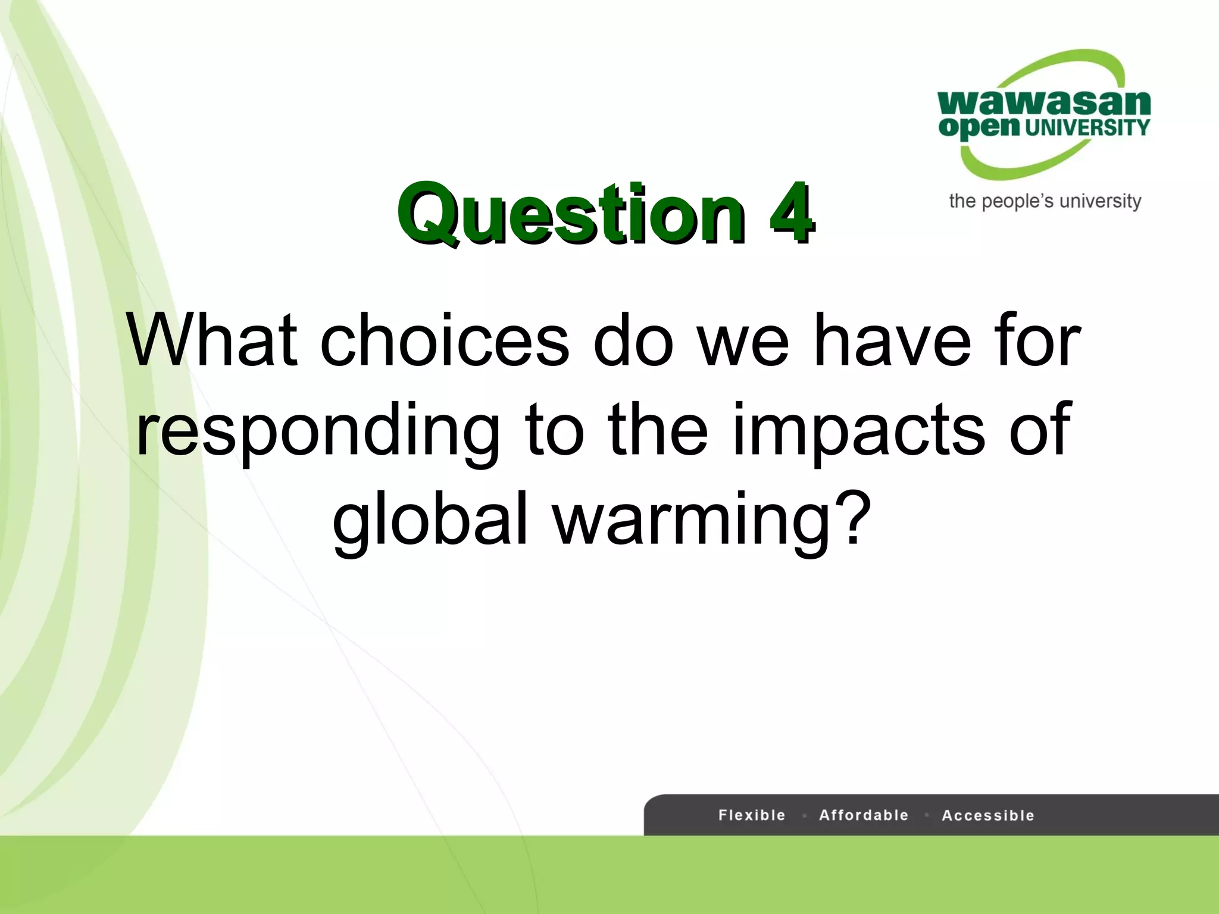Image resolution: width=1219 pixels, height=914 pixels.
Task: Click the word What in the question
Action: (x=211, y=341)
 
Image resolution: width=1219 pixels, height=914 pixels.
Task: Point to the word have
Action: (x=893, y=341)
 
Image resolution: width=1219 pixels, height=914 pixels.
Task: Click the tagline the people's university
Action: (x=1045, y=201)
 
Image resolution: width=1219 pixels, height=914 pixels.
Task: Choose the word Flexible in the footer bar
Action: (x=752, y=815)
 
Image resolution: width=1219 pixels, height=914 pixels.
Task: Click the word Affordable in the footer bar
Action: (x=864, y=815)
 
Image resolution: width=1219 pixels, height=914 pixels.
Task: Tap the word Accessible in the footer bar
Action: (x=988, y=815)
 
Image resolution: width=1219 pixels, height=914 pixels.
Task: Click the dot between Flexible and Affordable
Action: (x=804, y=816)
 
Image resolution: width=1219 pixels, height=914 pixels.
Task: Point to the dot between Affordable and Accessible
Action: (x=927, y=816)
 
